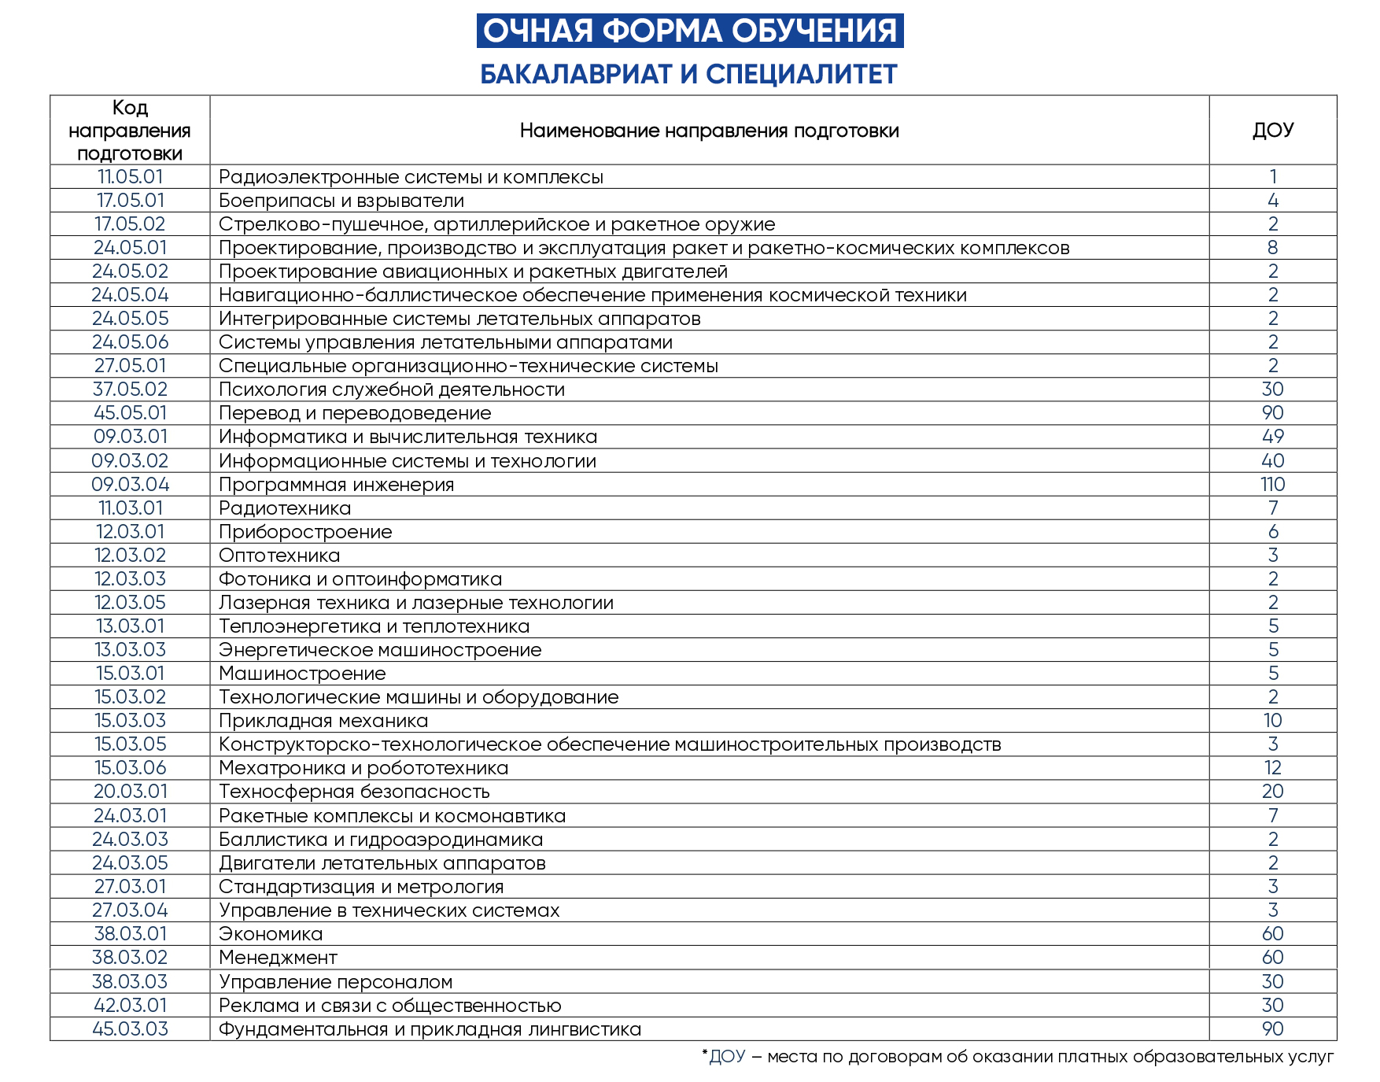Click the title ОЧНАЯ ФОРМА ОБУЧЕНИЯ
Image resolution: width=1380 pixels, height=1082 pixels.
pyautogui.click(x=689, y=31)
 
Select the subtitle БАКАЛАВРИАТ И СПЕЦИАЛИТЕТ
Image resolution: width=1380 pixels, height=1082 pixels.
pyautogui.click(x=688, y=74)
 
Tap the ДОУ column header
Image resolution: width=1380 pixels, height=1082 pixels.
pyautogui.click(x=1272, y=130)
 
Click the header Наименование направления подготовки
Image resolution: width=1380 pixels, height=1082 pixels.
pyautogui.click(x=709, y=131)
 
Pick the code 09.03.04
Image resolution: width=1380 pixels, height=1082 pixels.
pyautogui.click(x=130, y=485)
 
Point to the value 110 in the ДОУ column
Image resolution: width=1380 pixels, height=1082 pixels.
pyautogui.click(x=1272, y=485)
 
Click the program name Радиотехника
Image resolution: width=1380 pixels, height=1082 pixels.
pyautogui.click(x=285, y=508)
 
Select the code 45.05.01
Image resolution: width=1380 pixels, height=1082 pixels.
pyautogui.click(x=130, y=413)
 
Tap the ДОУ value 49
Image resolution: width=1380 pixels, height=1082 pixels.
pyautogui.click(x=1272, y=437)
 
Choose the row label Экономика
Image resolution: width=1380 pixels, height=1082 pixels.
pyautogui.click(x=271, y=934)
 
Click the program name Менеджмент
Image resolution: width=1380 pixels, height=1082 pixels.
pyautogui.click(x=278, y=958)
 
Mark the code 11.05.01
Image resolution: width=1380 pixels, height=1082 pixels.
pyautogui.click(x=130, y=177)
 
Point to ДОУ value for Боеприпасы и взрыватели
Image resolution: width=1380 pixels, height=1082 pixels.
pyautogui.click(x=1272, y=201)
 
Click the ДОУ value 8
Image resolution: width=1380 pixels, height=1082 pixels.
pyautogui.click(x=1272, y=248)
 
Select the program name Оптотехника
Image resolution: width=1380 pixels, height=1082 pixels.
pyautogui.click(x=279, y=556)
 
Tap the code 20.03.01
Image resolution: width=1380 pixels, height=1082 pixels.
pyautogui.click(x=130, y=792)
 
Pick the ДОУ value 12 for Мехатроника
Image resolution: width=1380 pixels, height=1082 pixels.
pyautogui.click(x=1272, y=768)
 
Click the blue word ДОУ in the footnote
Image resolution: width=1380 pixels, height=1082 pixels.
pyautogui.click(x=727, y=1057)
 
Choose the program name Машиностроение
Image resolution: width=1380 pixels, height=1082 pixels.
pyautogui.click(x=302, y=674)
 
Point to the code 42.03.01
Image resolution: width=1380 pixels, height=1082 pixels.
pyautogui.click(x=130, y=1006)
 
